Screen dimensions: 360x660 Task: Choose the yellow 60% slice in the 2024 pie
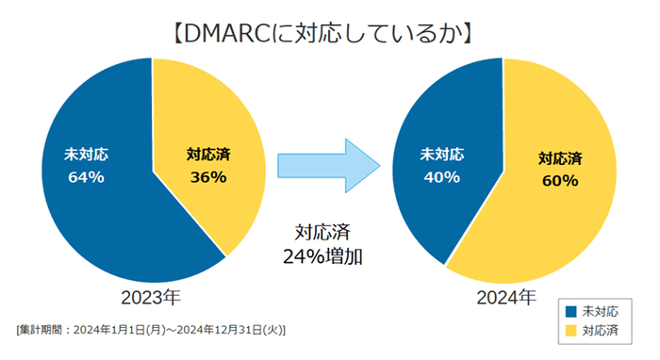[x=556, y=226]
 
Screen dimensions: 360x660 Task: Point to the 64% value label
[x=86, y=177]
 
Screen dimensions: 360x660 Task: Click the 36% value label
[x=207, y=177]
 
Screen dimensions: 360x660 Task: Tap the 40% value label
[x=441, y=177]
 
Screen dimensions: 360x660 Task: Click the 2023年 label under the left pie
[x=150, y=297]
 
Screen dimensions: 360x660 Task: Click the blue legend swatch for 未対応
[x=569, y=312]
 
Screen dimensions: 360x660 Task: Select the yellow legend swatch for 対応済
[x=569, y=331]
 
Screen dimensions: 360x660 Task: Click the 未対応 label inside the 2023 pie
[x=86, y=154]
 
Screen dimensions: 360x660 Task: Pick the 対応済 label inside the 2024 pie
[x=559, y=158]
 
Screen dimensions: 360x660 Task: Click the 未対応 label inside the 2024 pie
[x=441, y=154]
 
